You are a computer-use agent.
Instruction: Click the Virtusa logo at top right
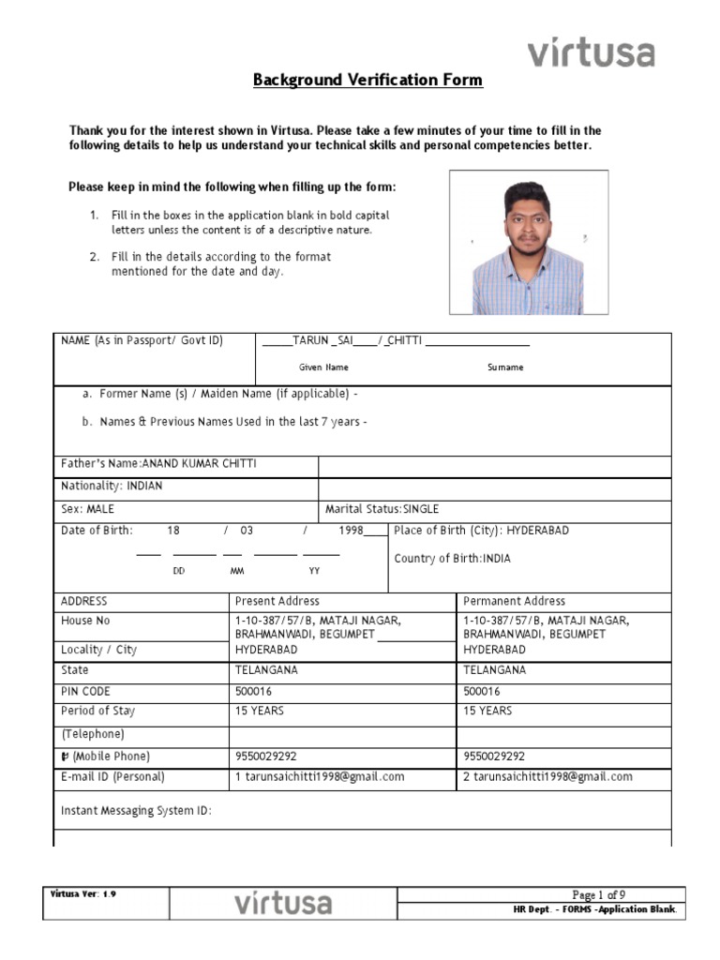point(591,52)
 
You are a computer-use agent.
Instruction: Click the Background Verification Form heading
point(367,81)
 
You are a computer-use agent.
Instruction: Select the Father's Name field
point(158,464)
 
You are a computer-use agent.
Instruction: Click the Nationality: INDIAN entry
point(112,487)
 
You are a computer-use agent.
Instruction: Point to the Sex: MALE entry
point(87,509)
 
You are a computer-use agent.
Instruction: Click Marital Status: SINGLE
point(382,509)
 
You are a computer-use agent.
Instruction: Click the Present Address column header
point(277,601)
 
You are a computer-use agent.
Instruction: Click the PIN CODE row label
point(85,691)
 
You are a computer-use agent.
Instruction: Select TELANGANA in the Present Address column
point(266,670)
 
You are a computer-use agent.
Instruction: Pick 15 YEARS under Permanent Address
point(487,712)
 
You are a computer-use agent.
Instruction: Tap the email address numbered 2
point(547,776)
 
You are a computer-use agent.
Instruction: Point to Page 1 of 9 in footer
point(600,894)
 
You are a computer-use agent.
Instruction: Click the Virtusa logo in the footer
point(282,904)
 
